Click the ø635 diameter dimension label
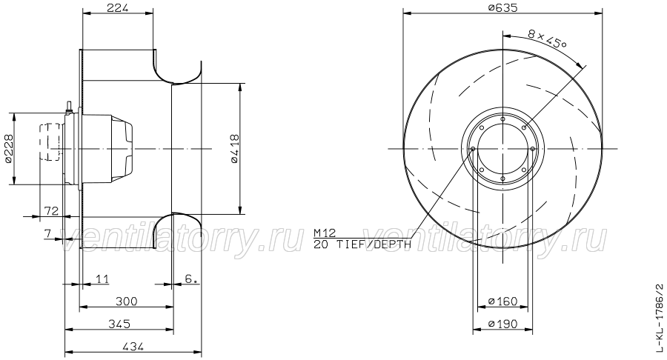(502, 7)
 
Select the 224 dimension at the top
(117, 7)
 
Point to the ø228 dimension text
(8, 149)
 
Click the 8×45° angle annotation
(547, 39)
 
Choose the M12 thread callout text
(325, 233)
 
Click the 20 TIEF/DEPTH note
(362, 244)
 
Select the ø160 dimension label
(502, 301)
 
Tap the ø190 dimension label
(502, 324)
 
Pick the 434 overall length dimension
(133, 347)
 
